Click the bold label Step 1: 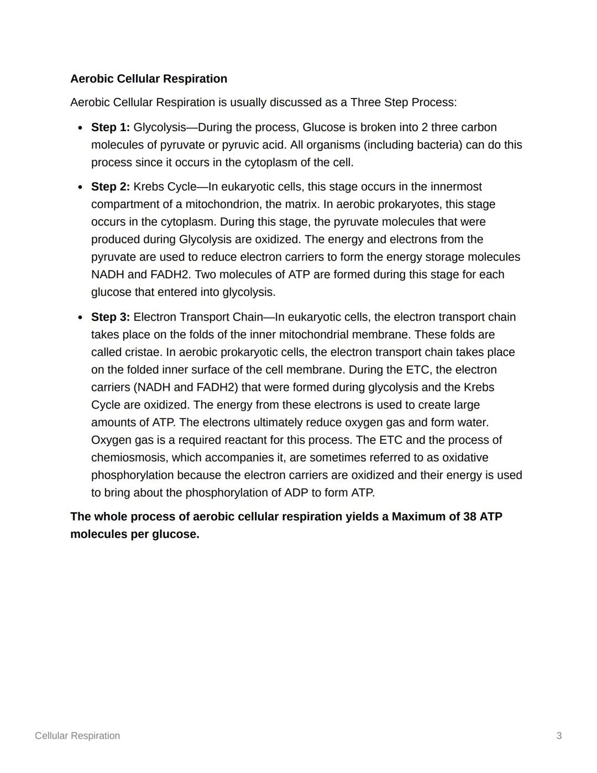(111, 127)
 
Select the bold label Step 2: (111, 186)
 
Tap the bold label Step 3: (111, 317)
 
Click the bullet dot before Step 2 (80, 187)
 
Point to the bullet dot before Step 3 (80, 318)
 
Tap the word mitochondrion (223, 204)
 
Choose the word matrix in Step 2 (302, 204)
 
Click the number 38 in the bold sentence (469, 517)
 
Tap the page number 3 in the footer (559, 736)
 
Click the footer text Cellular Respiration (77, 736)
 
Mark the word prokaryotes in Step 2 (409, 204)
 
